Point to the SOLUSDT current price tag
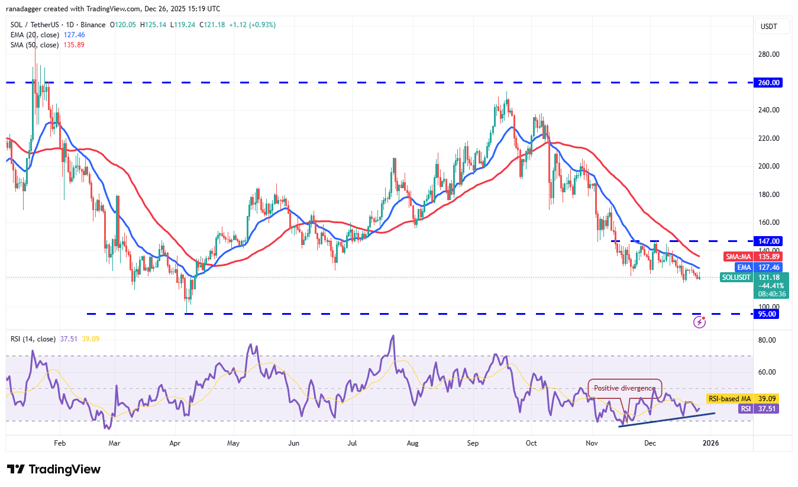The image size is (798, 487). tap(736, 278)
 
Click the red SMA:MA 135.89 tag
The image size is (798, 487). tap(752, 257)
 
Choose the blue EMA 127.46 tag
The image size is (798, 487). tap(759, 267)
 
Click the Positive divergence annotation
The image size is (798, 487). tap(624, 388)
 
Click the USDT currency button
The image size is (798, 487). tap(770, 27)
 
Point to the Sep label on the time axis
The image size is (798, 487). tap(473, 443)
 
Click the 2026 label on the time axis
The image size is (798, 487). tap(710, 443)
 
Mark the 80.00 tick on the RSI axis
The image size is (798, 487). tap(768, 340)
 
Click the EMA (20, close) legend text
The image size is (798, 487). tap(34, 35)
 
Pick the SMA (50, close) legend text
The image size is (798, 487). tap(34, 45)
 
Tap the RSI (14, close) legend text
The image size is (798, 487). tap(33, 339)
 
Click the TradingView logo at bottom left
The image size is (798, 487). tap(54, 470)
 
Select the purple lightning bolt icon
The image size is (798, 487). tap(699, 322)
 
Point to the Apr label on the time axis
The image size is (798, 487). tap(175, 443)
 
